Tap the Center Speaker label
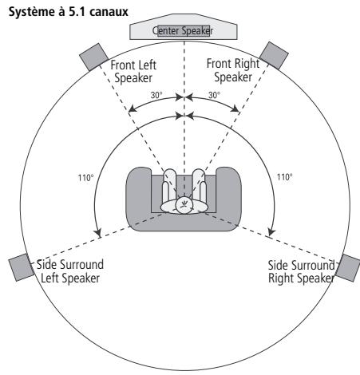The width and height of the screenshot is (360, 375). pyautogui.click(x=183, y=30)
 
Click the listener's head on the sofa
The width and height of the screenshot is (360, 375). pyautogui.click(x=184, y=203)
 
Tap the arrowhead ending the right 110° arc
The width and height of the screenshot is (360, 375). pyautogui.click(x=269, y=232)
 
